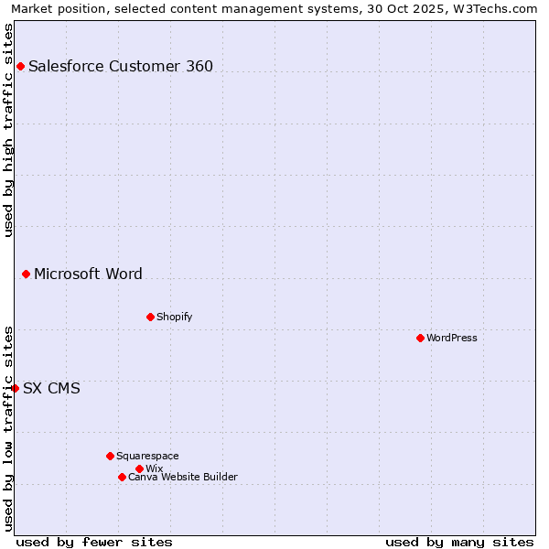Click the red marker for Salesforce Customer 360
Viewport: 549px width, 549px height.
20,66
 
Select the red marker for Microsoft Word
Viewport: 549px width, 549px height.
26,274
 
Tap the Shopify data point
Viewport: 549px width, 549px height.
150,317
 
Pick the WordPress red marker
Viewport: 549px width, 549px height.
420,338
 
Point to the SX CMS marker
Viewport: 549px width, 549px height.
15,388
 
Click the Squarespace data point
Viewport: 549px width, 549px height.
110,456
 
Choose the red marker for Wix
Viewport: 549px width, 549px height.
139,468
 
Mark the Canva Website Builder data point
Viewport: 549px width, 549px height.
122,477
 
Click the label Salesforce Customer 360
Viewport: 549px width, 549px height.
121,66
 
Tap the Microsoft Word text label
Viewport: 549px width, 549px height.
88,274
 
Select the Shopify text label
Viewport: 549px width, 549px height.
174,317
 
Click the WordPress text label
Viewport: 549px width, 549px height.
452,338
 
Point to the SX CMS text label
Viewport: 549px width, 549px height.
51,388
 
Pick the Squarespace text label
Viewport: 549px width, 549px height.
147,456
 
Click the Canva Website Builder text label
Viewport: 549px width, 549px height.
183,477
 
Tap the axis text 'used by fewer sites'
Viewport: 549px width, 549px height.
94,542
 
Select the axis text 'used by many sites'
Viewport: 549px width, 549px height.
459,542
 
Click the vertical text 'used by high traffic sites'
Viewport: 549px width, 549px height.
8,129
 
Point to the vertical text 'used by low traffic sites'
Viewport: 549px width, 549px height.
8,428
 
